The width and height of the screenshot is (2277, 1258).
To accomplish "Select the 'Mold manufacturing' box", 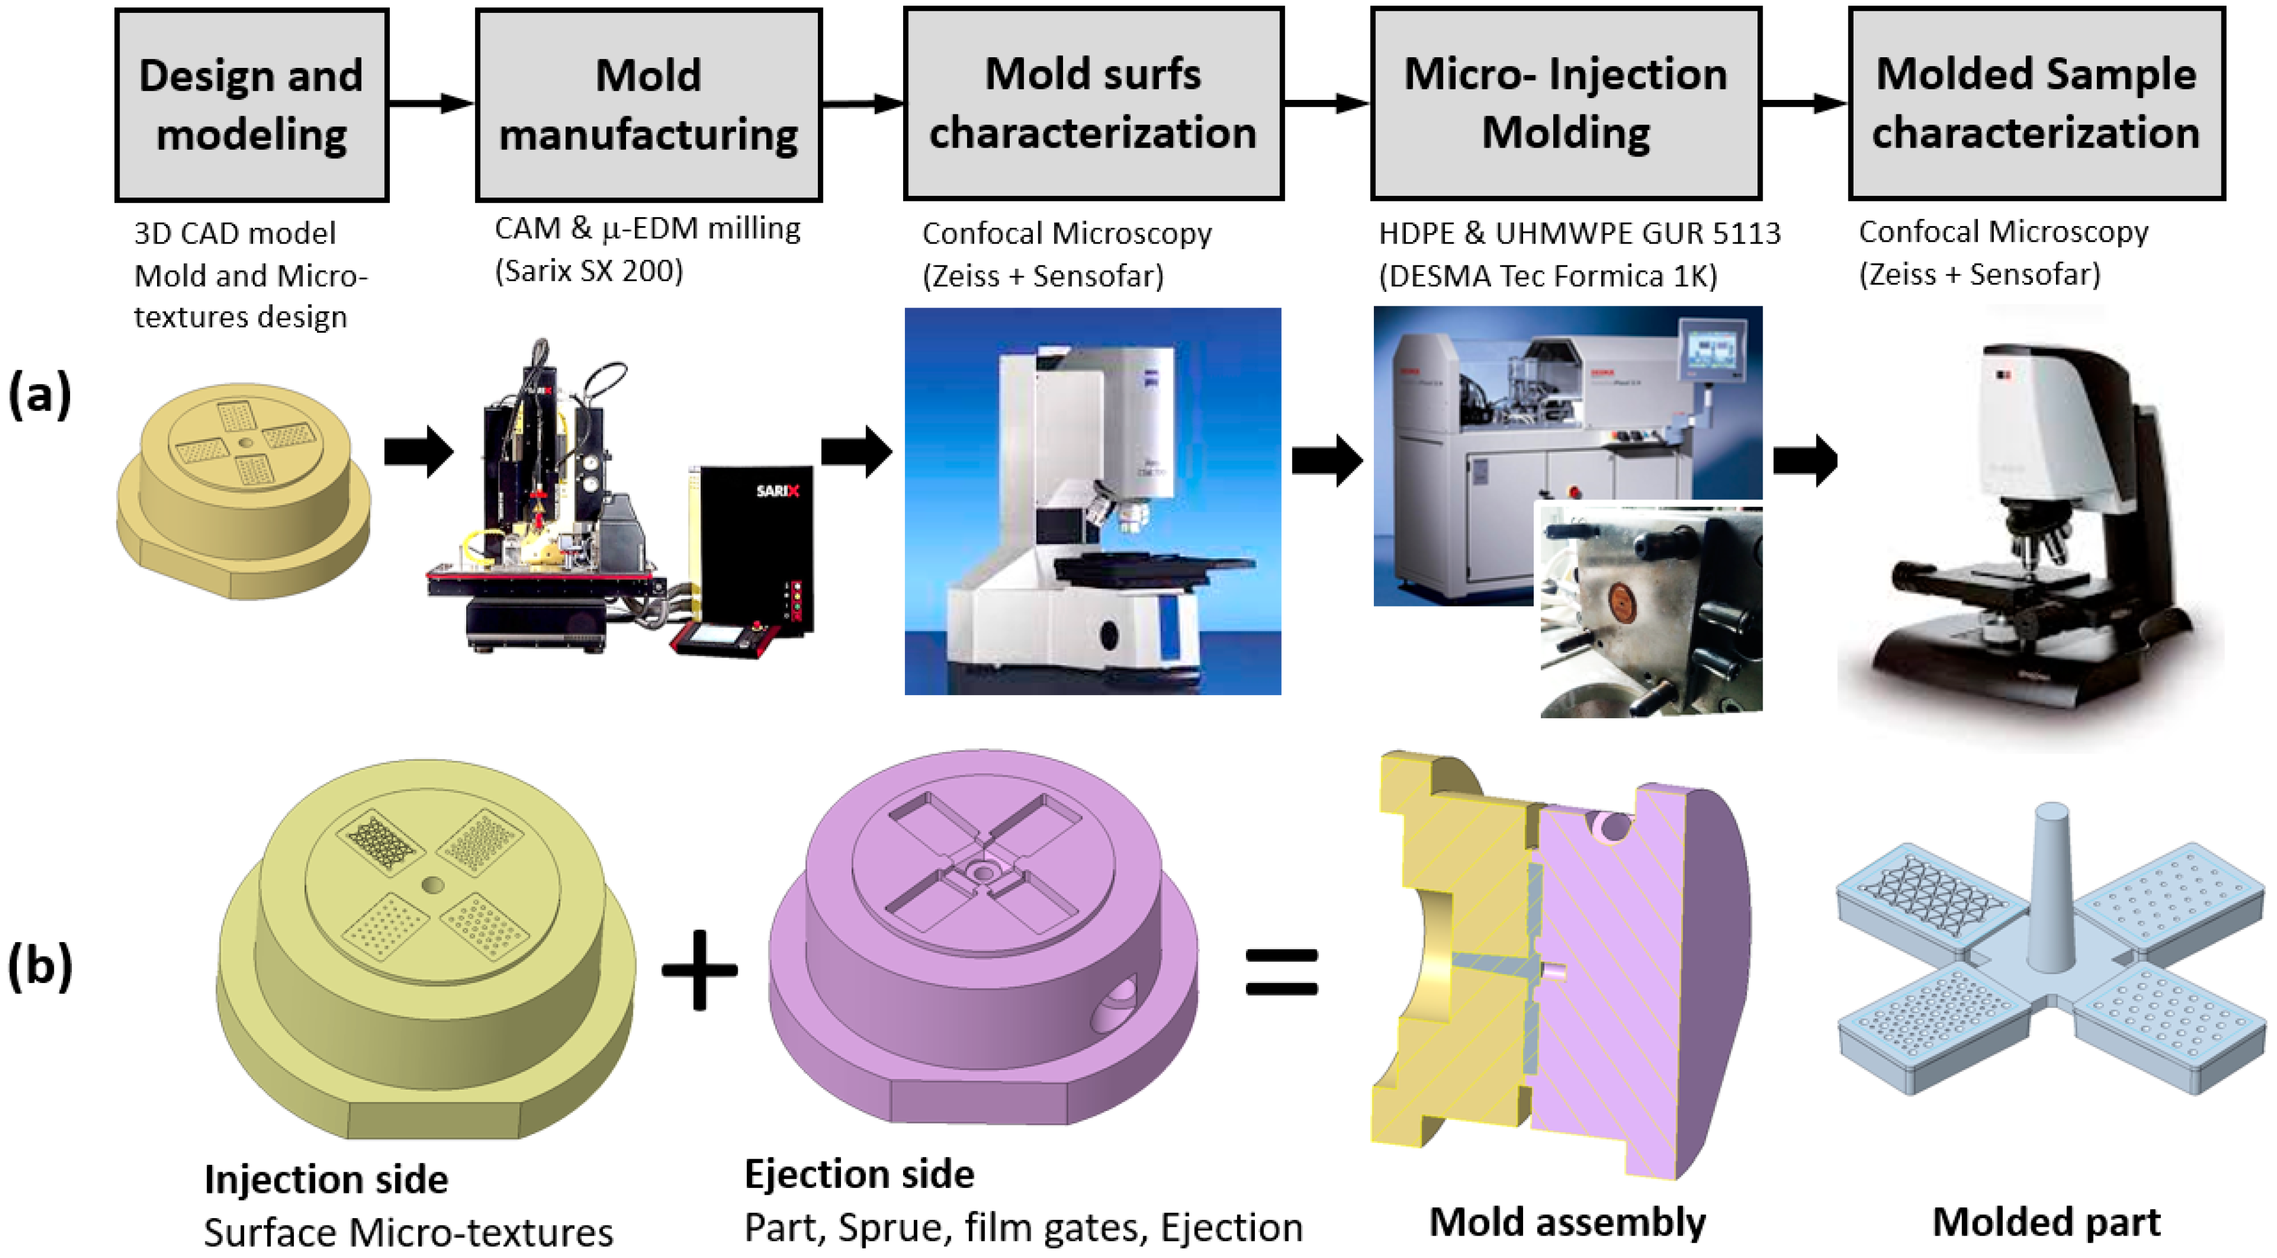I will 649,105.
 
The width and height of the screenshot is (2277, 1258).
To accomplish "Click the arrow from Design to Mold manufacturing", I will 431,103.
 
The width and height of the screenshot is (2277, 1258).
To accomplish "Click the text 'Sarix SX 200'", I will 590,270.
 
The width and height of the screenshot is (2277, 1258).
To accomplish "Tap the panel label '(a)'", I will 40,395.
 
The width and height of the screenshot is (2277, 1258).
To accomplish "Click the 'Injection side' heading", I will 326,1179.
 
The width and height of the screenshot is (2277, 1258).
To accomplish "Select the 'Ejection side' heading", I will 859,1174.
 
